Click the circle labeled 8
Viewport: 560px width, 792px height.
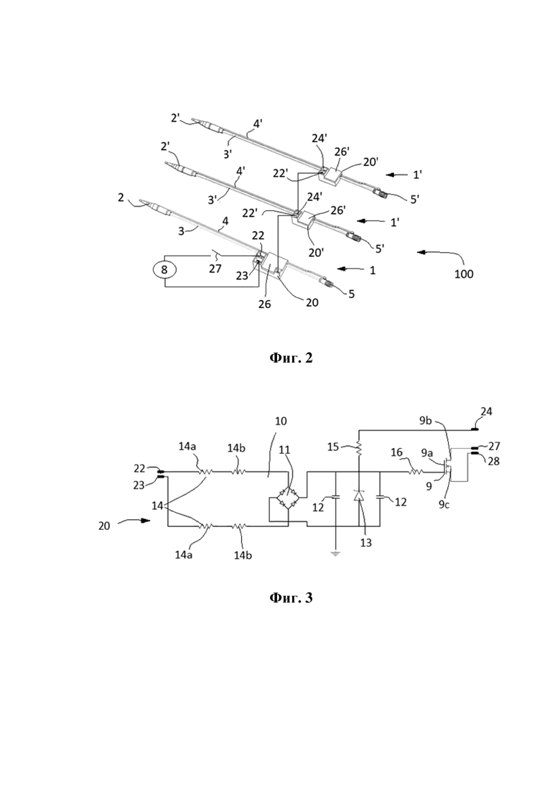(x=164, y=269)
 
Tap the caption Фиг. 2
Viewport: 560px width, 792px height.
(x=291, y=358)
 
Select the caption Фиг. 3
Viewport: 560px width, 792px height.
(x=291, y=598)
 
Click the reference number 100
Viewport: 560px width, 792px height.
(x=464, y=274)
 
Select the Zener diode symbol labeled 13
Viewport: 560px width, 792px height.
(x=358, y=496)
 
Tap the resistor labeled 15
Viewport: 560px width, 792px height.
(x=358, y=447)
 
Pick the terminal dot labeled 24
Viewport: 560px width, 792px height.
(x=475, y=429)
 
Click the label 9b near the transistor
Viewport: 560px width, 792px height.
(x=426, y=421)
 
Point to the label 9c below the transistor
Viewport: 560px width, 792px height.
(x=444, y=505)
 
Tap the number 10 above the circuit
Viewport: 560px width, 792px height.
(x=281, y=421)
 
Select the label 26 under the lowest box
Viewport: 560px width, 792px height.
(x=264, y=304)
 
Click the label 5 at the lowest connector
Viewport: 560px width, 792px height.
(x=351, y=294)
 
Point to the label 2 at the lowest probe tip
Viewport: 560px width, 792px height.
(x=121, y=197)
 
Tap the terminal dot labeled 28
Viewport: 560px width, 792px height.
(x=475, y=453)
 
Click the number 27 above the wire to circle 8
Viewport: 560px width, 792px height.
(x=215, y=269)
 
